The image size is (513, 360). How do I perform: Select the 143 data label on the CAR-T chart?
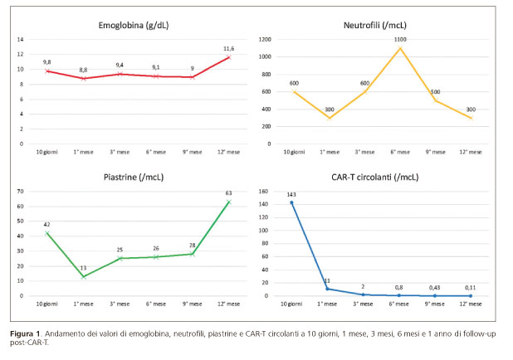[x=291, y=195]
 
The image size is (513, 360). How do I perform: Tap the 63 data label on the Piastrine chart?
[x=229, y=194]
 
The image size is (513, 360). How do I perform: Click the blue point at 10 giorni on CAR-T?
[x=291, y=202]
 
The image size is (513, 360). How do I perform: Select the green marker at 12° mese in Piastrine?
[x=229, y=202]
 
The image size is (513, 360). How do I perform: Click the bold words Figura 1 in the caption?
[x=31, y=333]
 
